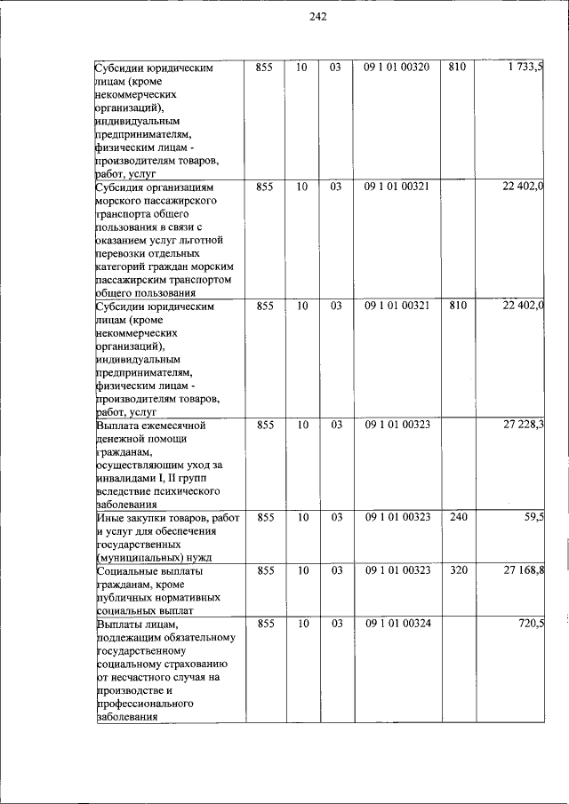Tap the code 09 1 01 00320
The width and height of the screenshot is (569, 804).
[x=397, y=68]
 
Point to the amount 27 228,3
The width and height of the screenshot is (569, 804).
[x=524, y=426]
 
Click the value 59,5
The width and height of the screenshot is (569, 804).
[x=533, y=516]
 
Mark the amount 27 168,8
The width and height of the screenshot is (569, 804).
[x=524, y=570]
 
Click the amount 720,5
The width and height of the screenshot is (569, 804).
[x=531, y=625]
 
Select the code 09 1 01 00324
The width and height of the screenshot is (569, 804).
[x=397, y=625]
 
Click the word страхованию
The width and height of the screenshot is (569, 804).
[x=196, y=664]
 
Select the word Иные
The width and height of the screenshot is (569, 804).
[x=110, y=517]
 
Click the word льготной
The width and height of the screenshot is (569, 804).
[x=200, y=240]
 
